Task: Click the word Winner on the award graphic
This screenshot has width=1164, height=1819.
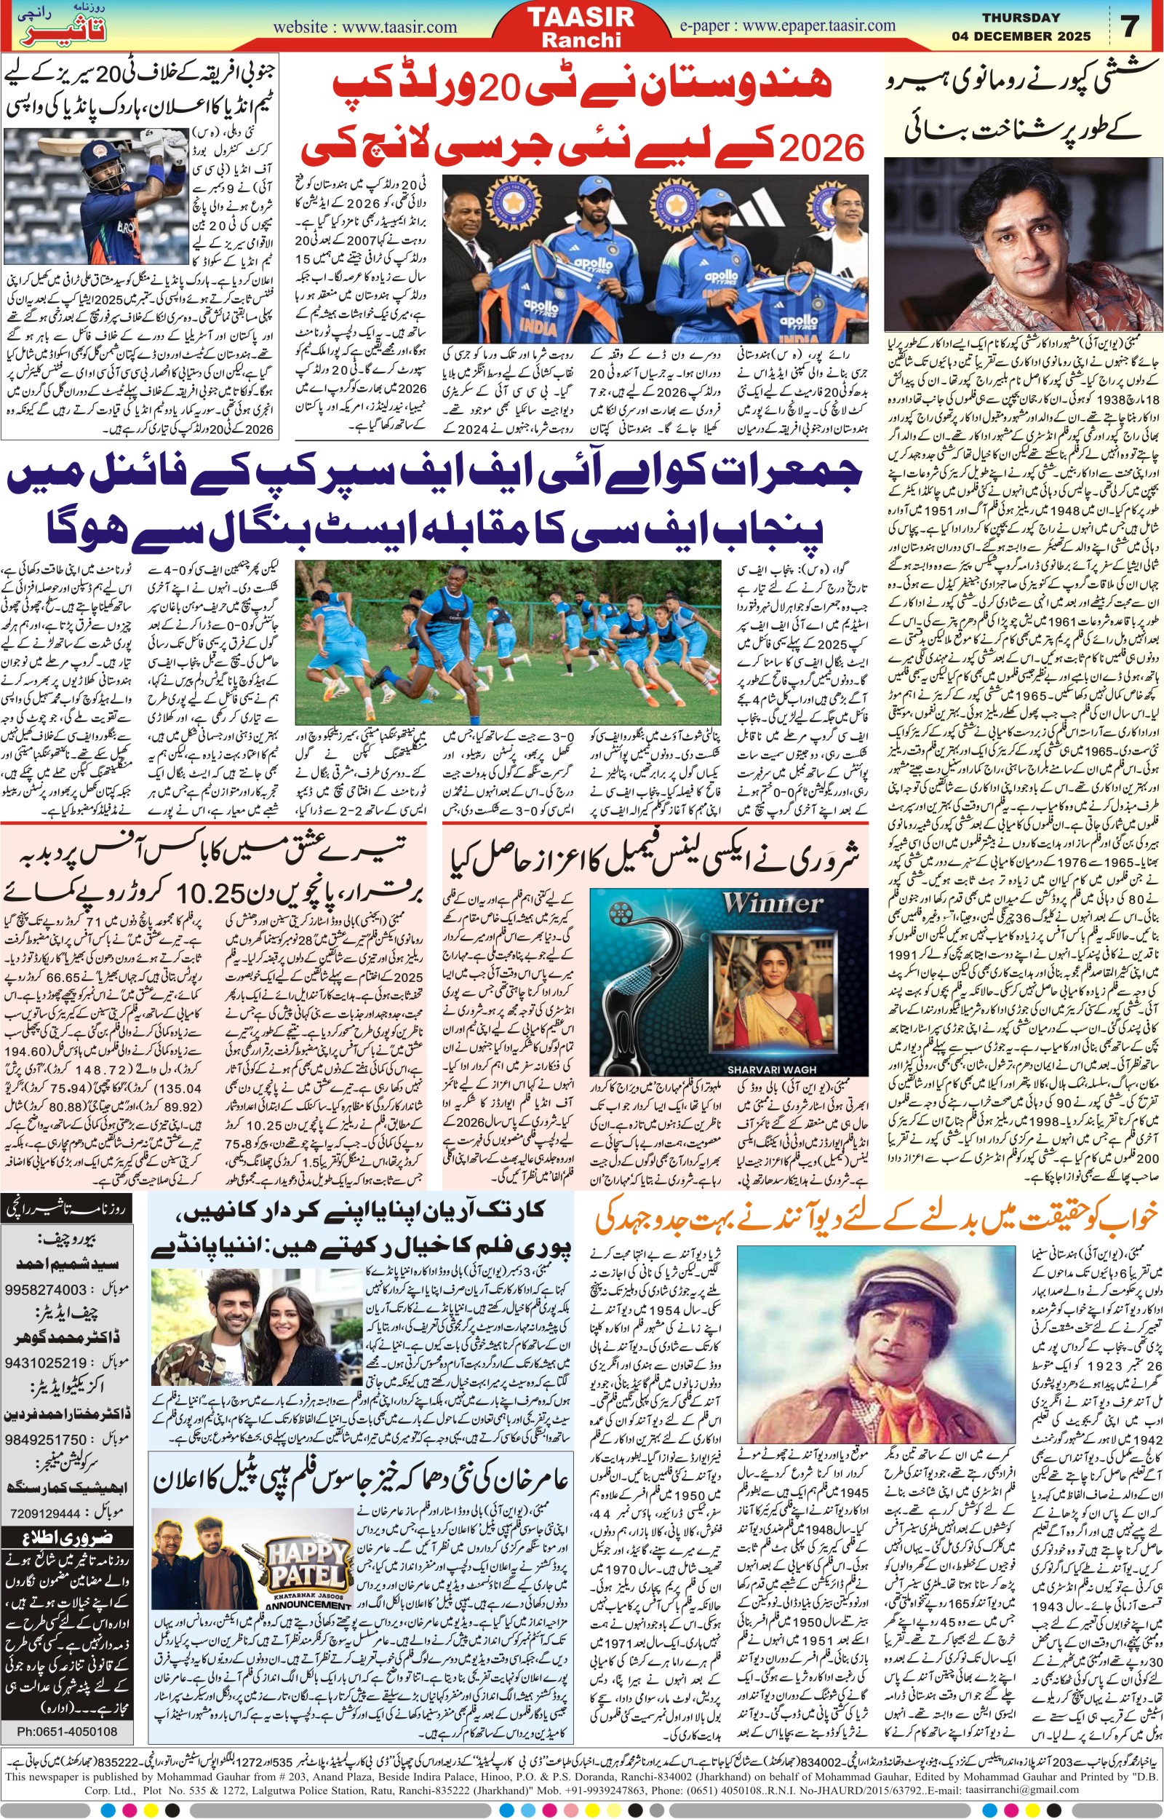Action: click(x=772, y=905)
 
